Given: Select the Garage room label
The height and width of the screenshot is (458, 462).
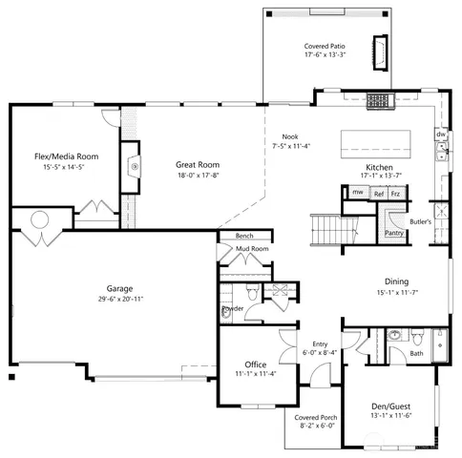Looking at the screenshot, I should tap(119, 288).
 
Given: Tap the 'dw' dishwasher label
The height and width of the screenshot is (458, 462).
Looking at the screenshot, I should tap(440, 135).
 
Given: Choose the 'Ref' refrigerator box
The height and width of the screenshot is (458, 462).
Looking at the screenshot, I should tap(379, 194).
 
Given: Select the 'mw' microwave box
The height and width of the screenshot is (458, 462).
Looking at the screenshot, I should tap(357, 193).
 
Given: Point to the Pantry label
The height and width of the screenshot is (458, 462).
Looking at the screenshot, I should tap(392, 232).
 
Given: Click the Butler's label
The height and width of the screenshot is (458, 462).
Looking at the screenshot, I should tap(421, 221).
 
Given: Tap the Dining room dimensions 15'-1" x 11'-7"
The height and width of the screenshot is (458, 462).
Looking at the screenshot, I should tap(397, 293).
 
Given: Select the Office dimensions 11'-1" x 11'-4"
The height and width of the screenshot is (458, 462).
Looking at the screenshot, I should tap(255, 374).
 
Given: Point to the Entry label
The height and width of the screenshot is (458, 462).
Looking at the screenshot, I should tap(320, 343).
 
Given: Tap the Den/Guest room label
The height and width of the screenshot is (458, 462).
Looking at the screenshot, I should tap(389, 406).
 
